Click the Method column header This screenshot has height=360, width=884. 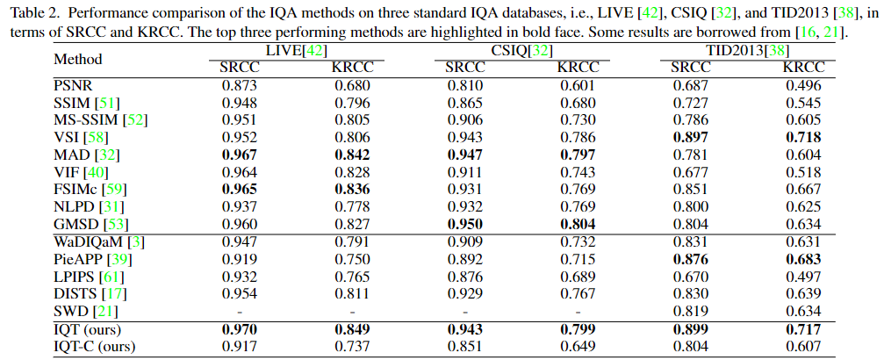[x=78, y=60]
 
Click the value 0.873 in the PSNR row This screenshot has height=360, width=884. [x=239, y=85]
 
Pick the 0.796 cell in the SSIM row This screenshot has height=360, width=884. [x=351, y=102]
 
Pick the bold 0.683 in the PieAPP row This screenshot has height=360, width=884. [x=803, y=259]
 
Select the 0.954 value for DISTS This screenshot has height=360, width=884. [x=239, y=292]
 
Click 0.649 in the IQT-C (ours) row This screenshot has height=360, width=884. [x=579, y=347]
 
